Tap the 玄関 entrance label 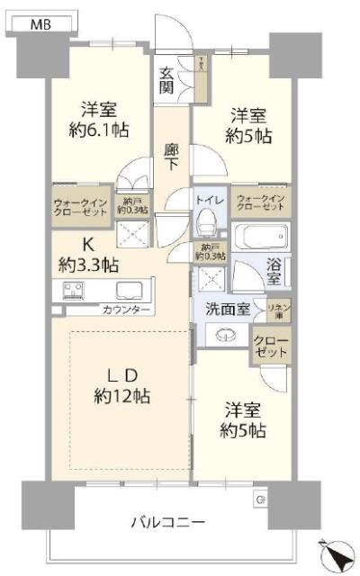[x=167, y=80]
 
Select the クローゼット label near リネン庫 [x=269, y=346]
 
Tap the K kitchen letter [x=89, y=244]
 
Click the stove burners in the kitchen [x=73, y=290]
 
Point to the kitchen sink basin [x=127, y=290]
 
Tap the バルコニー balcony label [x=168, y=522]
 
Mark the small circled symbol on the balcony [x=259, y=499]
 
